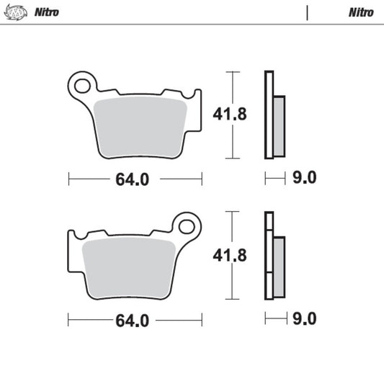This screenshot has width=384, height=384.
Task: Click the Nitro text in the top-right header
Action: point(360,12)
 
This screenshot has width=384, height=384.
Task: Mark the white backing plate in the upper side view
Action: point(269,115)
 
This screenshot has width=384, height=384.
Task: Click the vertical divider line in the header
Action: point(307,12)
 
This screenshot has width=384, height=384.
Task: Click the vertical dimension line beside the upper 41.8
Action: point(231,86)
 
